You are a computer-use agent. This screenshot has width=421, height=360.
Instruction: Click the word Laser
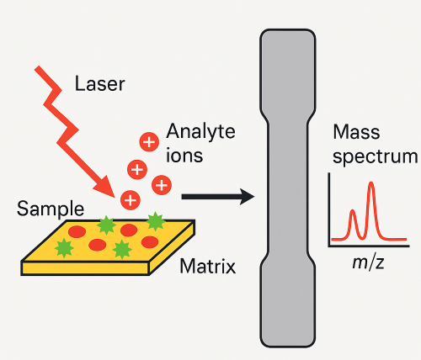99,83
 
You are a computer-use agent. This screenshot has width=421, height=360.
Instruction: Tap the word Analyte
200,132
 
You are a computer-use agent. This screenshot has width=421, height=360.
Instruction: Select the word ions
184,155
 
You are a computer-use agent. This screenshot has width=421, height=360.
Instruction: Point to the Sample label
51,209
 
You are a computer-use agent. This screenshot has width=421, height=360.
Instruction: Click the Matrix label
208,266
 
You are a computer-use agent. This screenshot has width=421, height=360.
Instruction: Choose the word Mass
356,132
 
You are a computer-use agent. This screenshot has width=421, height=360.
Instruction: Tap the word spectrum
376,156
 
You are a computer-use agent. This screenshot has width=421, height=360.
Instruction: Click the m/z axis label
368,263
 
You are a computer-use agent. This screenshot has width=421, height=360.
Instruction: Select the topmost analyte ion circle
149,142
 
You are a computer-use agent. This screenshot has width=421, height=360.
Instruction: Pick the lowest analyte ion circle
131,200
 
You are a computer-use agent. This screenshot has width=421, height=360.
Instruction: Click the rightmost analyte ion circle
162,185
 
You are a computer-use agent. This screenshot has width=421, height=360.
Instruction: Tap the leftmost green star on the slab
64,248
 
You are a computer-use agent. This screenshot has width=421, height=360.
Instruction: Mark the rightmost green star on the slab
155,221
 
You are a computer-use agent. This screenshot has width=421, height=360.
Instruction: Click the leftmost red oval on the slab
77,232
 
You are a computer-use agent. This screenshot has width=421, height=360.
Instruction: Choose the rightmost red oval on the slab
150,242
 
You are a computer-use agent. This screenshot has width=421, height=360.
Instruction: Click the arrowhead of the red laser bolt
106,187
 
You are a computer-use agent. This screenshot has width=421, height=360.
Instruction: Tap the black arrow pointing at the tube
218,197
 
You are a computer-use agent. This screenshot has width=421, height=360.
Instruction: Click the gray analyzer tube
288,188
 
